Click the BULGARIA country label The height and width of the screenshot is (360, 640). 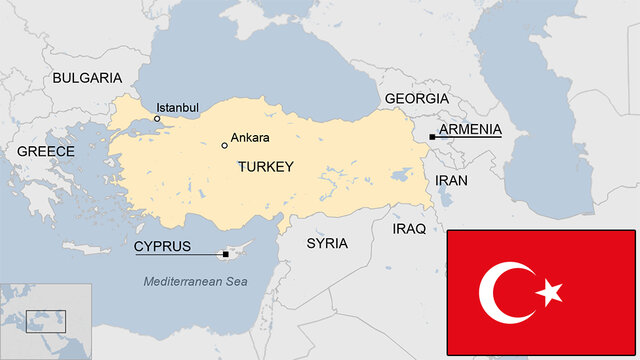point(87,78)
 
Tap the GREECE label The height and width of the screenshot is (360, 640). point(45,151)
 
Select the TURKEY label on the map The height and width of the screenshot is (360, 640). point(265,167)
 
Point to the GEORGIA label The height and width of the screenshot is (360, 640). point(416,99)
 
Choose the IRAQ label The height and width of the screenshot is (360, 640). point(409,228)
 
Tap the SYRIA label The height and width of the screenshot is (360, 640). point(327,243)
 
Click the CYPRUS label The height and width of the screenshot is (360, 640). point(162,246)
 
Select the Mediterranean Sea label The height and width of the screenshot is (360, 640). point(195,282)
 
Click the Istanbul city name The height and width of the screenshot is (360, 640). point(177,107)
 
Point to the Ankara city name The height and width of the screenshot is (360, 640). point(250,137)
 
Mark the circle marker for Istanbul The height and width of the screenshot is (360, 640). point(157,119)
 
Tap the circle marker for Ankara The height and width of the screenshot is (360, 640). point(224,145)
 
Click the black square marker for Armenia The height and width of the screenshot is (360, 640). point(432,137)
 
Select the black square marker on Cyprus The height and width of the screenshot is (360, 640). point(226,254)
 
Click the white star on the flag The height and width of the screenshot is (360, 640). point(549,292)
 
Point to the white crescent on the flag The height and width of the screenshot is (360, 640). point(500,292)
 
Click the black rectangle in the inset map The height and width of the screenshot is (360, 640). point(46,321)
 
